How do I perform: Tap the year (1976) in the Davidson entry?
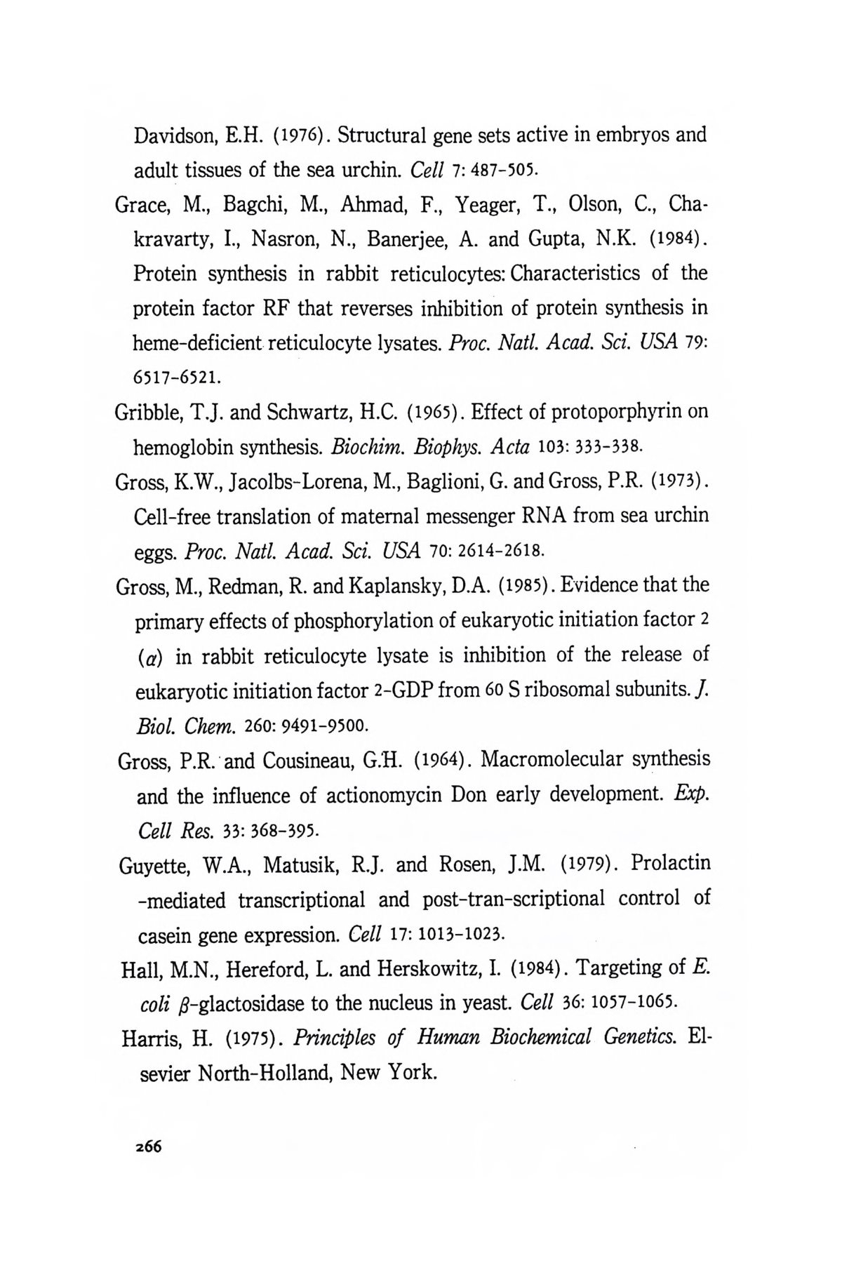(x=294, y=135)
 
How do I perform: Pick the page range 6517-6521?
(x=177, y=377)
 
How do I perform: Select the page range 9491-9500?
(x=323, y=723)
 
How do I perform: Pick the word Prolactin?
(x=671, y=862)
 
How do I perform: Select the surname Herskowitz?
(x=429, y=969)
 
